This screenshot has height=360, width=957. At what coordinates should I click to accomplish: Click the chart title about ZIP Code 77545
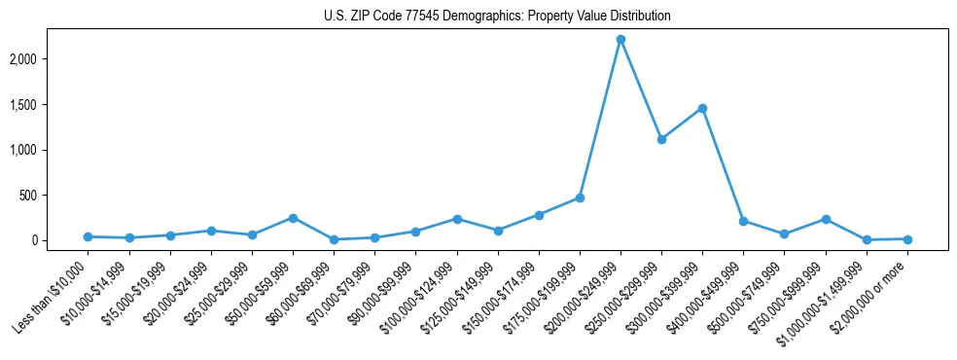[497, 17]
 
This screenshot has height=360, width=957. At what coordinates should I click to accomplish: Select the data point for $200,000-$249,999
[620, 40]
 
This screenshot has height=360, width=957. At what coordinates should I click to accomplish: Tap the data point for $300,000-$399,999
[702, 108]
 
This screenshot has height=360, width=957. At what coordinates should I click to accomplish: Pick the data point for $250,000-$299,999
[661, 139]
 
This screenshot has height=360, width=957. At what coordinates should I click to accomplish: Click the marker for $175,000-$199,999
[580, 198]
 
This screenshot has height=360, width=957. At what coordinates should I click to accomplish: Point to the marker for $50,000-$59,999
[293, 218]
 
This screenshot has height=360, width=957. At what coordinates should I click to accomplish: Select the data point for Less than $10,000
[88, 236]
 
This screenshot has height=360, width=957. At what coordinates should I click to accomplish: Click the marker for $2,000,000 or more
[907, 238]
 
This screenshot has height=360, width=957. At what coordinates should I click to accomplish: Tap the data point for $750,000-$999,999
[826, 219]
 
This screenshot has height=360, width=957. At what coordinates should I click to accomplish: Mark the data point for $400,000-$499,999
[743, 221]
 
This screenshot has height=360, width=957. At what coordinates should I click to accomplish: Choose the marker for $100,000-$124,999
[457, 219]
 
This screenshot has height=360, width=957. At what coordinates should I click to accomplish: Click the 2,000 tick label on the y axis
[49, 59]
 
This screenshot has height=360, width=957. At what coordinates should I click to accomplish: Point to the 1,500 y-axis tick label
[49, 105]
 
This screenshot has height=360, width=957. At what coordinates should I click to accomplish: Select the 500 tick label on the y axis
[53, 196]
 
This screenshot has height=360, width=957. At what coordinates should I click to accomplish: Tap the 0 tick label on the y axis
[60, 240]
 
